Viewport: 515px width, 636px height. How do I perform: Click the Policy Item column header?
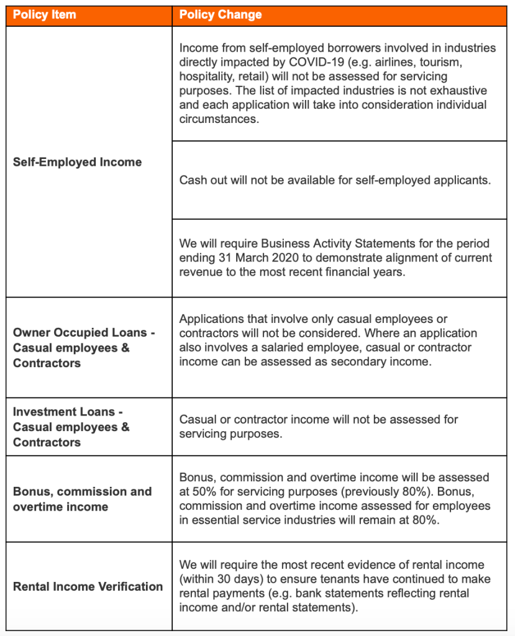click(x=45, y=14)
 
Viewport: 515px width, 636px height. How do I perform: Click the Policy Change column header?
click(x=221, y=14)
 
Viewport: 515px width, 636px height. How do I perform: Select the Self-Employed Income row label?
click(x=77, y=162)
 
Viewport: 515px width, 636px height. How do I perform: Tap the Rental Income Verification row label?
click(x=88, y=586)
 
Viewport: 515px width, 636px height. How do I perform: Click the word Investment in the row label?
click(x=42, y=412)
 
